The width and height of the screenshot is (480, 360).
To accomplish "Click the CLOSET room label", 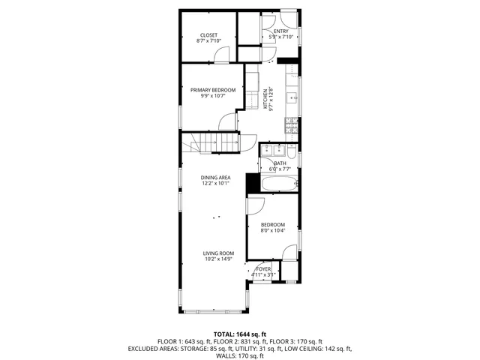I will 208,35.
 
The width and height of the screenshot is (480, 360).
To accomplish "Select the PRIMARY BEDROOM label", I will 212,90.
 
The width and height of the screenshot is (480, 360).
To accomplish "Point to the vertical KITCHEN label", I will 265,100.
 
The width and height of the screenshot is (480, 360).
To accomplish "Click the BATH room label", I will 280,163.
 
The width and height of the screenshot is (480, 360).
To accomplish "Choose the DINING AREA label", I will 215,178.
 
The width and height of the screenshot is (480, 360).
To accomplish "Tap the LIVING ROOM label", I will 218,253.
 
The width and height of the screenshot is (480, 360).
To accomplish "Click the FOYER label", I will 263,268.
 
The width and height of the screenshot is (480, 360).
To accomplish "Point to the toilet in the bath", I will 293,153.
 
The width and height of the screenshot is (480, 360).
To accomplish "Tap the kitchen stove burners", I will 291,127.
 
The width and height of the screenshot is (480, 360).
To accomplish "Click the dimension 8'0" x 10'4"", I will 273,230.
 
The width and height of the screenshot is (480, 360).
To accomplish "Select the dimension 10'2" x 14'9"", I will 218,259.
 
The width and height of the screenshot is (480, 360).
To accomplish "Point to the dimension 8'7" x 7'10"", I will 208,41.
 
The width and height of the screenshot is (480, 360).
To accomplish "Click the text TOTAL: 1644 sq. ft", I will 240,334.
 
